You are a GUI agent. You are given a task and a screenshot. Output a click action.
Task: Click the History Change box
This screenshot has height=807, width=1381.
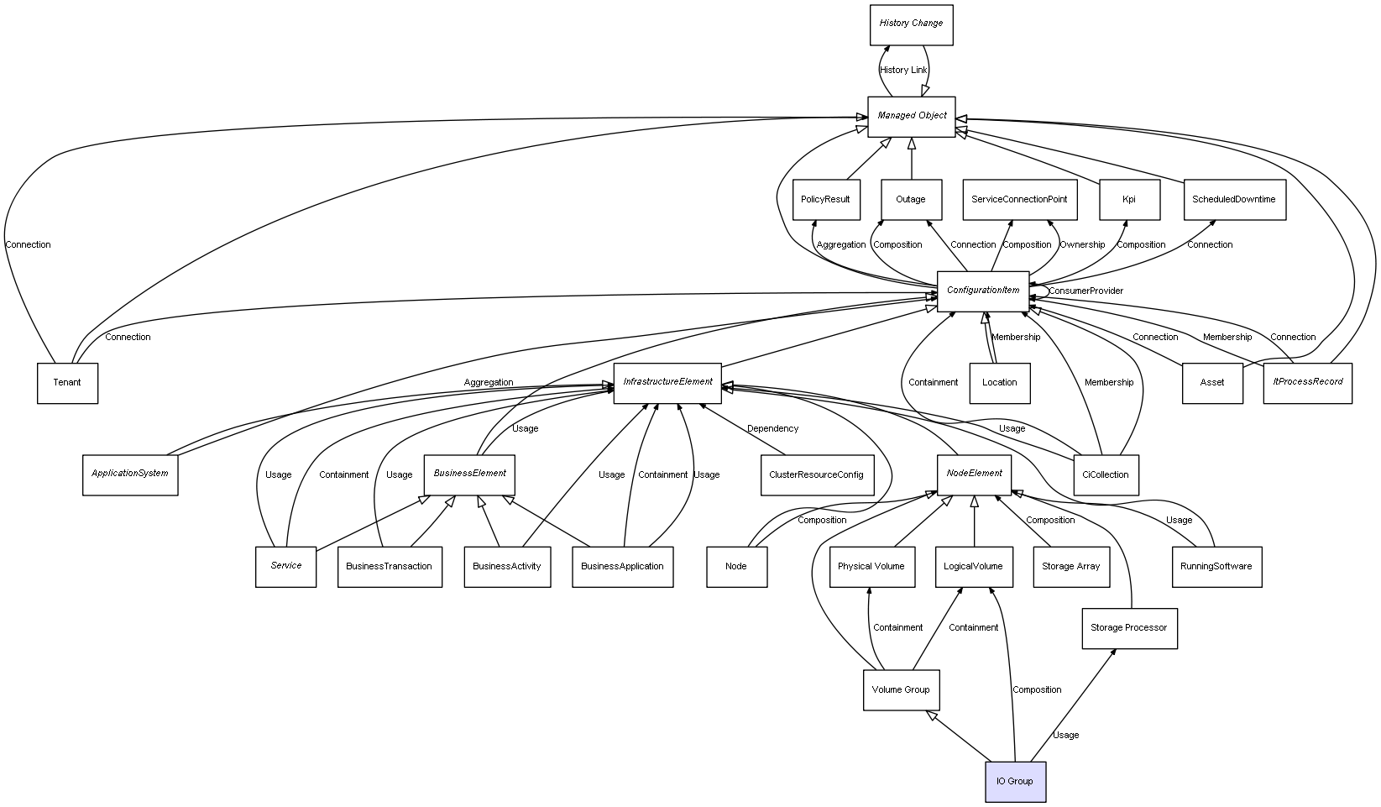pos(911,24)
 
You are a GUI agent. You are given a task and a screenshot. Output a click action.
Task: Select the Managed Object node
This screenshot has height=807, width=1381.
pos(912,116)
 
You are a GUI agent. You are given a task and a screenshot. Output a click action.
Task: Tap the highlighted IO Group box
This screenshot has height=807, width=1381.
pos(1015,782)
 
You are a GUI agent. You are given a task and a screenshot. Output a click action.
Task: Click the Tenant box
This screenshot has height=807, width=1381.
pos(67,383)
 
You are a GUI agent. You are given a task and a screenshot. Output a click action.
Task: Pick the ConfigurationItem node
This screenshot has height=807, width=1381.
pos(983,291)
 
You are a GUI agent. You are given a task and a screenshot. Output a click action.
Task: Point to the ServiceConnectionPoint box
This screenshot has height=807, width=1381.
pos(1019,200)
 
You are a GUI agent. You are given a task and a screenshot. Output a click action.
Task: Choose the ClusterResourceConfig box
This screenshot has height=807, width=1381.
pos(816,474)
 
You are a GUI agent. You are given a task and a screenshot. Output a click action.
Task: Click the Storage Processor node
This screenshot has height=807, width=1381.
pos(1129,628)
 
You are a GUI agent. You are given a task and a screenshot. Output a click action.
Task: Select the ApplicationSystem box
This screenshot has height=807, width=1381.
pos(130,474)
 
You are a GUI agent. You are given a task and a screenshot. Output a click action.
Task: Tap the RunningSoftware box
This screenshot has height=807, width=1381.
pos(1216,567)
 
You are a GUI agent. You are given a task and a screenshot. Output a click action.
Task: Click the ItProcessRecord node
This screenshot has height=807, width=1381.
pos(1307,383)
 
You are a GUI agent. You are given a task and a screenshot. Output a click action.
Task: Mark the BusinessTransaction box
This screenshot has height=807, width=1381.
pos(390,567)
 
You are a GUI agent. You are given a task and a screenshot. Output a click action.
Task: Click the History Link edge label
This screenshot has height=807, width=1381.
pos(903,71)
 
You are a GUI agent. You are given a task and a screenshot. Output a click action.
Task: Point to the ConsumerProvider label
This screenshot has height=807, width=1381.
pos(1085,291)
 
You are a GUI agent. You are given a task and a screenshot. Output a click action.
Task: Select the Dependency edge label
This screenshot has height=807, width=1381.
pos(772,429)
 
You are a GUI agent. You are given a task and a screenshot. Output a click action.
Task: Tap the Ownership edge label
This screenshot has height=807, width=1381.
pos(1082,245)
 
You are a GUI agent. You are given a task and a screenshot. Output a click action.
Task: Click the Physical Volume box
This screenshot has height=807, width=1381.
pos(871,567)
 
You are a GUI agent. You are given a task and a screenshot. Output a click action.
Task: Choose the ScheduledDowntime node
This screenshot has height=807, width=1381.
pos(1234,200)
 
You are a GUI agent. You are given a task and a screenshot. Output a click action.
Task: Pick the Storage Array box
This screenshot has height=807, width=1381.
pos(1070,567)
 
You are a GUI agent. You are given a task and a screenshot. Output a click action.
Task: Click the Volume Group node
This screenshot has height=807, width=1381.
pos(901,690)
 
